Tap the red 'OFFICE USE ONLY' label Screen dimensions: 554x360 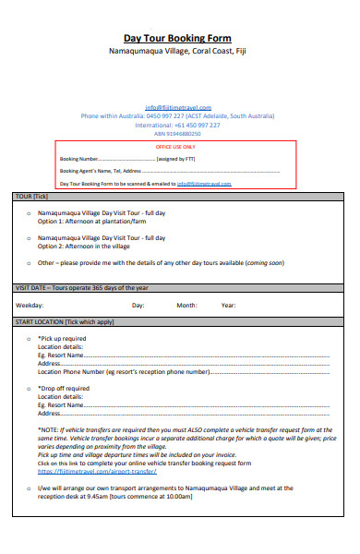(175, 147)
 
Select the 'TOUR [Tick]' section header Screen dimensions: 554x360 (32, 197)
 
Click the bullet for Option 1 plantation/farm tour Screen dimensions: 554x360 (28, 213)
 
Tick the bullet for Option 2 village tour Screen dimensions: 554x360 (28, 238)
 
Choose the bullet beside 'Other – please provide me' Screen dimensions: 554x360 (28, 263)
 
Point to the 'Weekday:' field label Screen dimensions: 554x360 (30, 305)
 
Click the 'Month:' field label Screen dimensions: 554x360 (187, 305)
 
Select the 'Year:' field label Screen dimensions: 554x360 (228, 305)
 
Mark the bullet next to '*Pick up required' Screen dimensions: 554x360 (28, 339)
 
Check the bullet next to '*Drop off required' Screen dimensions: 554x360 (28, 389)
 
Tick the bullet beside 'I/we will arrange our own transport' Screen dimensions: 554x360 (28, 487)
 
